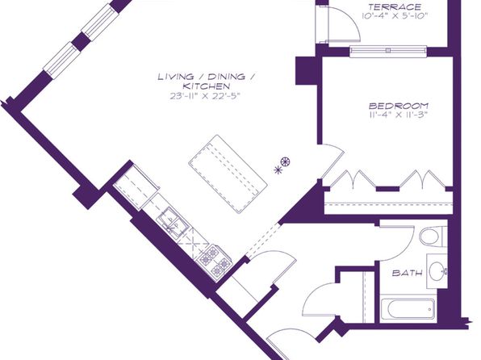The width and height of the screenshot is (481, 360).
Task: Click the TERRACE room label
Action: click(x=395, y=6)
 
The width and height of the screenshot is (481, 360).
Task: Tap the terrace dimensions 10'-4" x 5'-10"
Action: click(x=395, y=16)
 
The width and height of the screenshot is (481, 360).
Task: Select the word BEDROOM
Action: click(x=399, y=106)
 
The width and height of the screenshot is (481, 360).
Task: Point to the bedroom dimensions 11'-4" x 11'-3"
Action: click(x=399, y=115)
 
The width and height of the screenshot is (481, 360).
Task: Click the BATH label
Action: click(x=407, y=273)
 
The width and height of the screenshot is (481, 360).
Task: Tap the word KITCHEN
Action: click(x=206, y=86)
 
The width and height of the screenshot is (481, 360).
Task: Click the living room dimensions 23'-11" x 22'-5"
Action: click(x=205, y=96)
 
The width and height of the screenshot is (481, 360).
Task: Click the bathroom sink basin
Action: click(x=437, y=271)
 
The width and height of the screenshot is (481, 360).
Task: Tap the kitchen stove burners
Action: click(x=215, y=260)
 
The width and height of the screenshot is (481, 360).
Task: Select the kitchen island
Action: click(x=228, y=174)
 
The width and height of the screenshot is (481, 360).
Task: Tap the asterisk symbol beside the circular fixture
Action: click(x=278, y=170)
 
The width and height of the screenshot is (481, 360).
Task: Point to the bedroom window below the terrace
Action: click(x=388, y=51)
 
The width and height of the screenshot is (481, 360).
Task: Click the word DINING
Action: click(x=227, y=77)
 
